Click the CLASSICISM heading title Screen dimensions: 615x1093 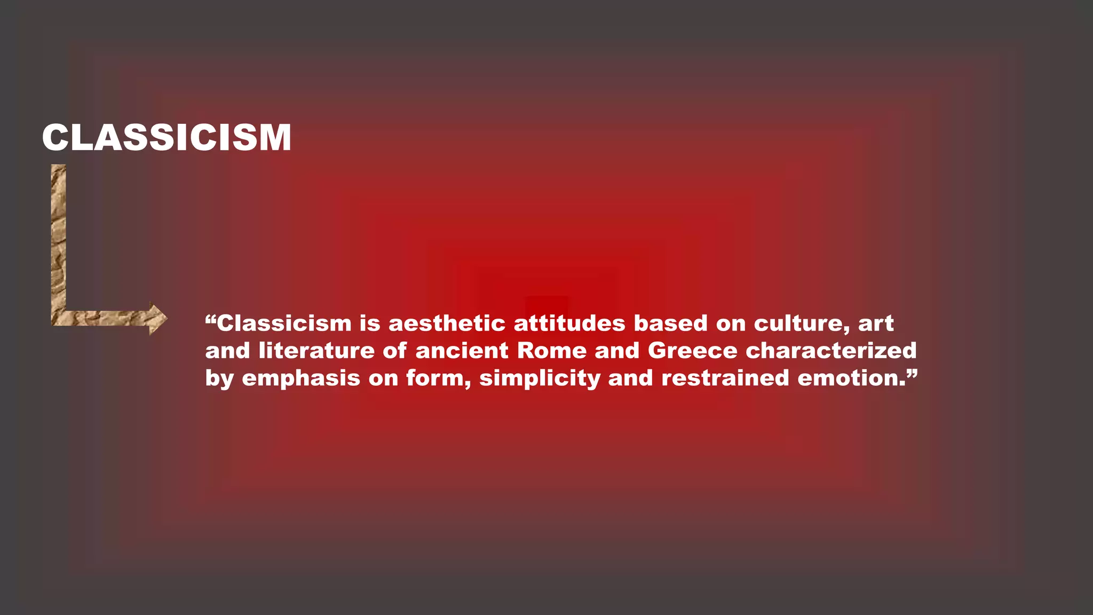point(167,138)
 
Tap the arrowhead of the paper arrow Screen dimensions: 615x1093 point(157,319)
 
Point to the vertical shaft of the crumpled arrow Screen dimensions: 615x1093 point(58,240)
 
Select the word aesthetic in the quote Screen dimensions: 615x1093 point(447,324)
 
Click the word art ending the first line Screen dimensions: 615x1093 point(876,324)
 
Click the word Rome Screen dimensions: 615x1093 point(552,351)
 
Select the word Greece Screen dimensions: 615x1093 point(692,351)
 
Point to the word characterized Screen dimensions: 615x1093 point(831,351)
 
